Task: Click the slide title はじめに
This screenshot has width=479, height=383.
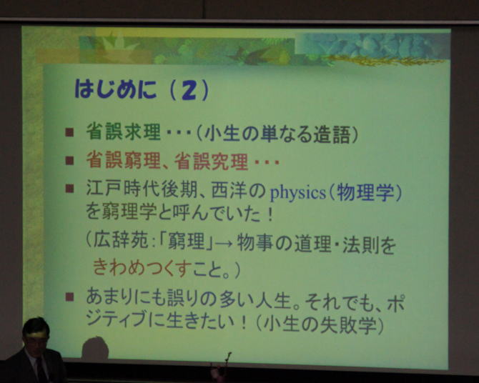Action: [116, 89]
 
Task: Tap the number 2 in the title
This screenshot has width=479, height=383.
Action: [189, 91]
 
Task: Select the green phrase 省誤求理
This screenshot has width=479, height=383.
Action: [123, 131]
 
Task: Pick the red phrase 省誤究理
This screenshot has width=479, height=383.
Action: [211, 161]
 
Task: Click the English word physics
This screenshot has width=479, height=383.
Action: [298, 193]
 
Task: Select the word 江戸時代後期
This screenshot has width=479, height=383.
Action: [142, 189]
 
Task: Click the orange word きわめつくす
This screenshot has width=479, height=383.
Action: [139, 267]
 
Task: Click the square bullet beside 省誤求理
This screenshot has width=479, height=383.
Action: [69, 132]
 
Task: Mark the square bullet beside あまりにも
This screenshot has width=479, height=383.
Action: [69, 297]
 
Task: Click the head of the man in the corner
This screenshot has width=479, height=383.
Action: [36, 334]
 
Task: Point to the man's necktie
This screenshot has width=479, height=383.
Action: [41, 370]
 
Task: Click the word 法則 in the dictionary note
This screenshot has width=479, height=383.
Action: [361, 244]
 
